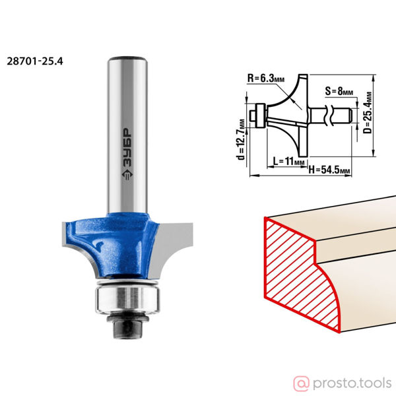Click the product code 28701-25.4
point(35,61)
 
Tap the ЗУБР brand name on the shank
point(127,147)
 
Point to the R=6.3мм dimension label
point(266,79)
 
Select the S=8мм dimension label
point(339,91)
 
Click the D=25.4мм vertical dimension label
point(368,112)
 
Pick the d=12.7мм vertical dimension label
point(241,140)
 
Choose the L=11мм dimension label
point(289,161)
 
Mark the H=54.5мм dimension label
point(329,170)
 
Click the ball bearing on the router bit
point(127,299)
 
